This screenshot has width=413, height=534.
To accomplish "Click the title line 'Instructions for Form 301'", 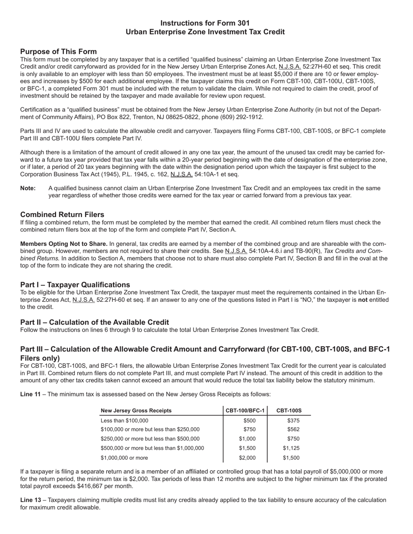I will click(205, 23).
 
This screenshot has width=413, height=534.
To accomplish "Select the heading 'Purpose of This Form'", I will click(58, 51).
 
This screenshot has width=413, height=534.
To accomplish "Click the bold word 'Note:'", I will click(28, 188).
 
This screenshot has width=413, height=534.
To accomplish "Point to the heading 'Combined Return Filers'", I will click(62, 214).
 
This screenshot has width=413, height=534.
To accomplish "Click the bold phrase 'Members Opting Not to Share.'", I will click(64, 244).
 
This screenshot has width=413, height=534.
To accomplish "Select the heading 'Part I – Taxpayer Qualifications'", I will click(75, 285).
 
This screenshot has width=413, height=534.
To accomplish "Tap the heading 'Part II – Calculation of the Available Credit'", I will click(95, 322).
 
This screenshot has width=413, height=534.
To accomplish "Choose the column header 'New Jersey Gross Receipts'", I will click(136, 411).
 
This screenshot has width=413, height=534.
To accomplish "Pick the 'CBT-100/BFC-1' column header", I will click(245, 411).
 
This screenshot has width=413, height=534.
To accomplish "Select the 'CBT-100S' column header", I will click(289, 411).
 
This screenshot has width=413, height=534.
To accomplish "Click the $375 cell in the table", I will click(293, 420).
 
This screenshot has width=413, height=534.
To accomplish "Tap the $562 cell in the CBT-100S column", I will click(293, 429).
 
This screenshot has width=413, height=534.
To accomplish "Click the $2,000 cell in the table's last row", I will click(247, 458).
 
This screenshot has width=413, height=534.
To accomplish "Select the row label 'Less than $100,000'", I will click(124, 420).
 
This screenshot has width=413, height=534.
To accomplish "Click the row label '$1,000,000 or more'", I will click(124, 458).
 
